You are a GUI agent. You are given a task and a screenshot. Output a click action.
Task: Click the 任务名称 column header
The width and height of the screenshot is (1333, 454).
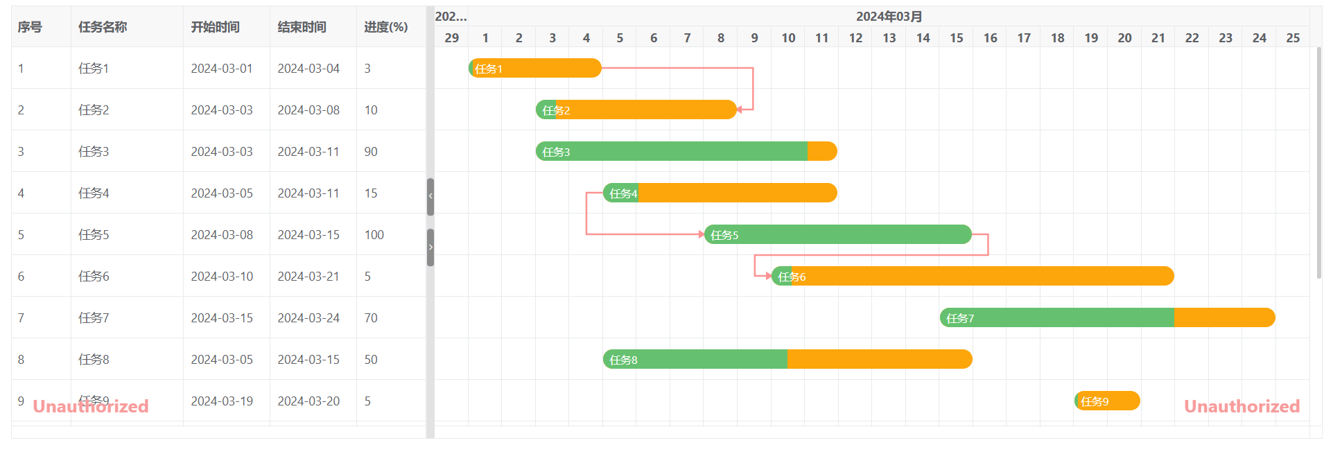[103, 27]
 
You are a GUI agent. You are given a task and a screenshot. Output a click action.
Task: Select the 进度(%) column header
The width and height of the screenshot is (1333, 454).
[386, 27]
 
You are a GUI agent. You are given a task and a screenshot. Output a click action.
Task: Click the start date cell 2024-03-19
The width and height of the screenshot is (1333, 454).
[222, 401]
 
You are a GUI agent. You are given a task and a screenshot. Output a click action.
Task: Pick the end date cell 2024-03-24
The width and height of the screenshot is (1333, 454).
[308, 318]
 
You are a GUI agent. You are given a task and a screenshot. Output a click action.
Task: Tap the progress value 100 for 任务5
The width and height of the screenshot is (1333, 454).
[374, 235]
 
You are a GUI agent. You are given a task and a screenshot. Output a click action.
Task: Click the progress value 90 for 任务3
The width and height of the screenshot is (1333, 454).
[371, 152]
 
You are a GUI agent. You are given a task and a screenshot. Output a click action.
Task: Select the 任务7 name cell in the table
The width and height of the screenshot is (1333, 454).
[94, 318]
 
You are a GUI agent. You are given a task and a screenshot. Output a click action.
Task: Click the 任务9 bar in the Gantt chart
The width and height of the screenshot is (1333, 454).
[1107, 401]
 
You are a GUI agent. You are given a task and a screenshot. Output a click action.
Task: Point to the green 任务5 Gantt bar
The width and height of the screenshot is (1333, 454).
[837, 235]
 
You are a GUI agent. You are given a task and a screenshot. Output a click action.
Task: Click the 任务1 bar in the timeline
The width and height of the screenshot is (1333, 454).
[535, 69]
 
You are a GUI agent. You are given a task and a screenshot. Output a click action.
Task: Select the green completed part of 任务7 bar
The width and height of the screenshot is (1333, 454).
[1057, 318]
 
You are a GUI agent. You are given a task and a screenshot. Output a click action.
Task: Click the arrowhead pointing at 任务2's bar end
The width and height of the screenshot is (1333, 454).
[740, 110]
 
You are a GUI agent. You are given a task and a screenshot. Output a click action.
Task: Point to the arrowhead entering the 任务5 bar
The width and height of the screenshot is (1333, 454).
[701, 234]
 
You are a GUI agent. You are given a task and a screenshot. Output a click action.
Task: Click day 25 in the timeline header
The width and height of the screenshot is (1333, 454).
[1293, 38]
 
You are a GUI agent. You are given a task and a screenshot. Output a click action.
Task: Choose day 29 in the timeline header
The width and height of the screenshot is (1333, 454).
[451, 38]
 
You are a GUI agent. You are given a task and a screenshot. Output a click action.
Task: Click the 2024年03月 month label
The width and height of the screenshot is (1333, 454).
[889, 17]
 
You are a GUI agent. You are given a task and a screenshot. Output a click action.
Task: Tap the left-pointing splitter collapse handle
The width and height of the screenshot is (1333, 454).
[430, 197]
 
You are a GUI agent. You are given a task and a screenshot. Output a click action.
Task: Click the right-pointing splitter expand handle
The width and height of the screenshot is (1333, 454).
[430, 247]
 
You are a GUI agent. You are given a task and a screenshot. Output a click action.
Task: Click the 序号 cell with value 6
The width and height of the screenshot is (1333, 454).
[21, 277]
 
